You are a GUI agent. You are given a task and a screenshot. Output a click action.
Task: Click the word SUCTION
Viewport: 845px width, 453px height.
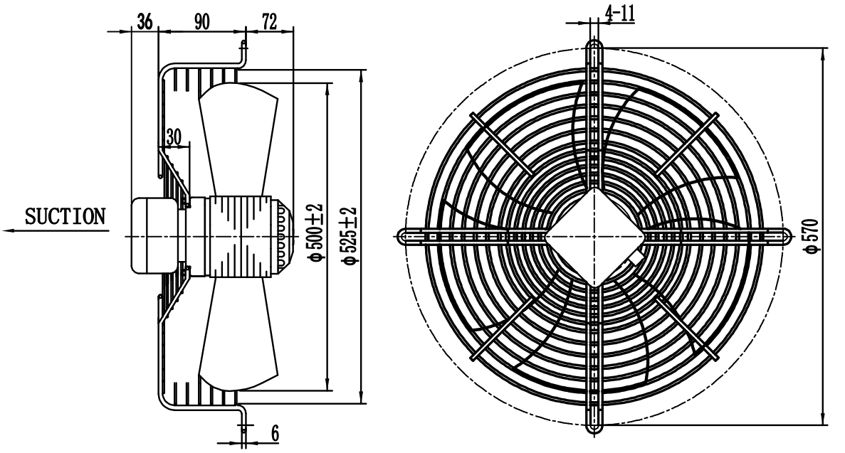tap(65, 216)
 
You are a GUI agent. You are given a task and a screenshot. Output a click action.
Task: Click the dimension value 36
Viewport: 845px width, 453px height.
tap(145, 21)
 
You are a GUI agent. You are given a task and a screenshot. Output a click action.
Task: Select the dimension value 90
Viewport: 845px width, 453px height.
tap(201, 21)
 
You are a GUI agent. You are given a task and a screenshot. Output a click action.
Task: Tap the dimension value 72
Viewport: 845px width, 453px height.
tap(269, 21)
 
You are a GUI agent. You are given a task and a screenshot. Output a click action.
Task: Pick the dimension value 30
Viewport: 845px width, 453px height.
tap(174, 137)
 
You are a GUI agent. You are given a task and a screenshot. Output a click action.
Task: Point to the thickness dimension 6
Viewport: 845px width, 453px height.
tap(274, 433)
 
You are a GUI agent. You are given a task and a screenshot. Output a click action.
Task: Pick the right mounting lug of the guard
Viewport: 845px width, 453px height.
tap(779, 235)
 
